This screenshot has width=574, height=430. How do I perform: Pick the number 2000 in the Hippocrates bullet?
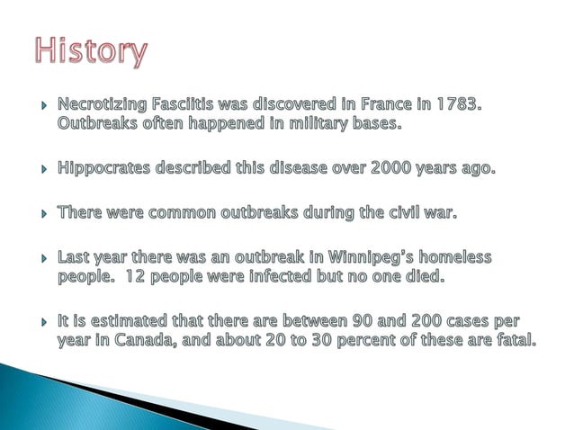click(387, 168)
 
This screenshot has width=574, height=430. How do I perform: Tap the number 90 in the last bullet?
click(363, 320)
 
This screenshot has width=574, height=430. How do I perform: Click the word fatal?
click(525, 338)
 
